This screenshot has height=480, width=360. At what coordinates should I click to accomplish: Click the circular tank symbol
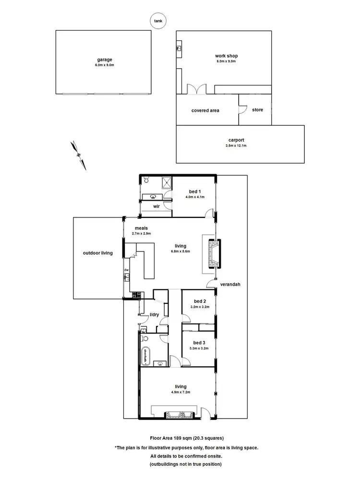pos(157,21)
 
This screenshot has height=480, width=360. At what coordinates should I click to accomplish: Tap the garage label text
pos(104,60)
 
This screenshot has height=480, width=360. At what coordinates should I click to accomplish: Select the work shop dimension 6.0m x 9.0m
pos(226,61)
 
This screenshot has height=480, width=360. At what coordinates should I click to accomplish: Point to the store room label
pos(257,110)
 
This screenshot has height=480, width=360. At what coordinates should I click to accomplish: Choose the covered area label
pos(205,110)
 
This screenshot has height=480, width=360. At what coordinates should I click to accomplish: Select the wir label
pos(156,206)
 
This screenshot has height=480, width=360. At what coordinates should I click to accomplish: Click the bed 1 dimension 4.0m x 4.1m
pos(194,197)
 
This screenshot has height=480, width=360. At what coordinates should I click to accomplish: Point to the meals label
pos(141,228)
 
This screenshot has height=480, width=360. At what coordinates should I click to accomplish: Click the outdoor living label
pos(97,253)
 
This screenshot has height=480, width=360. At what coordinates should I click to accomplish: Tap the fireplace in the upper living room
pos(213,253)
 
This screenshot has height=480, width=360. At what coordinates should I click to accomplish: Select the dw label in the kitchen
pos(127,270)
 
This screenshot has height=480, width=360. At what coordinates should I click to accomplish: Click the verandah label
pos(230,284)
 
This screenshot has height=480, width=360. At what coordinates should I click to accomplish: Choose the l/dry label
pos(155,314)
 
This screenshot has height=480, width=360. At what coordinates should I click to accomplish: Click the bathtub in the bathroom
pos(144,356)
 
